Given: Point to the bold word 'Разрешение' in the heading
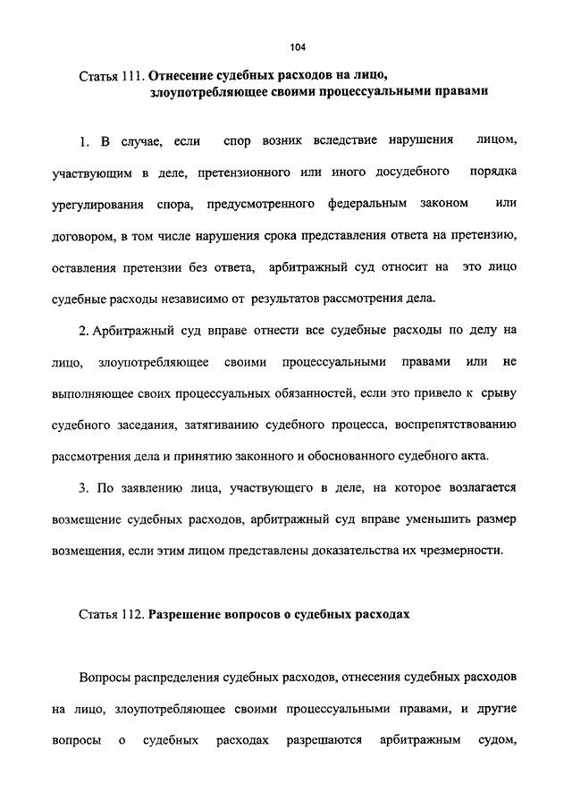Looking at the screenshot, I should tap(186, 615).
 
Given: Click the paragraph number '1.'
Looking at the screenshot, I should tap(85, 141).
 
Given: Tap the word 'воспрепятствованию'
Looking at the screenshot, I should tap(462, 425).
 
